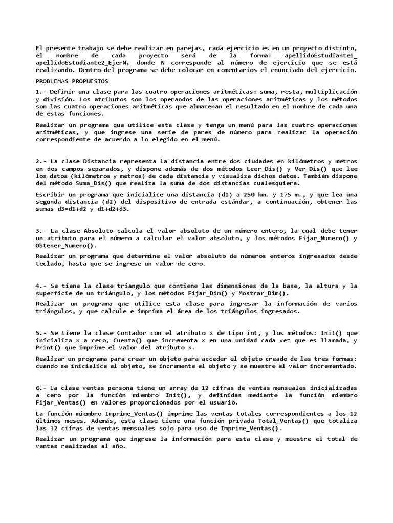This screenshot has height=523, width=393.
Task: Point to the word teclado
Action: pyautogui.click(x=51, y=264)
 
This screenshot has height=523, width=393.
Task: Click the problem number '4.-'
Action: pyautogui.click(x=41, y=286)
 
